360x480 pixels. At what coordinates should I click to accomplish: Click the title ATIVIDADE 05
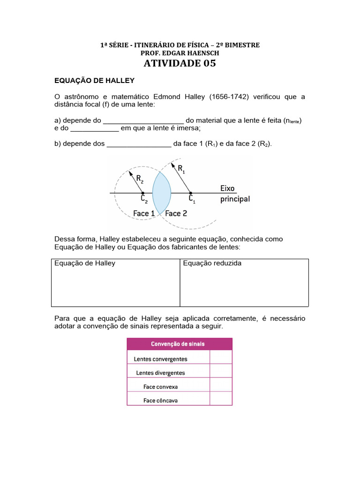tap(180, 63)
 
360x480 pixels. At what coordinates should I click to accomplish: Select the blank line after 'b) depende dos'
tap(139, 143)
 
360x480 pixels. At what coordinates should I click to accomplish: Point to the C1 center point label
tap(192, 199)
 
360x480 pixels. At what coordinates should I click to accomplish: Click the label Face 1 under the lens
tap(144, 213)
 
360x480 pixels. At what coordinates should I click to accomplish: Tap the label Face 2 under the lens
tap(176, 213)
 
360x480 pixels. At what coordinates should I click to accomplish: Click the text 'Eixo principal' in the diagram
tap(235, 194)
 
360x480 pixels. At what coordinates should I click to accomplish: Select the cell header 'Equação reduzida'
tap(212, 263)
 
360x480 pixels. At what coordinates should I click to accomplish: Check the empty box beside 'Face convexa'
tap(220, 386)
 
